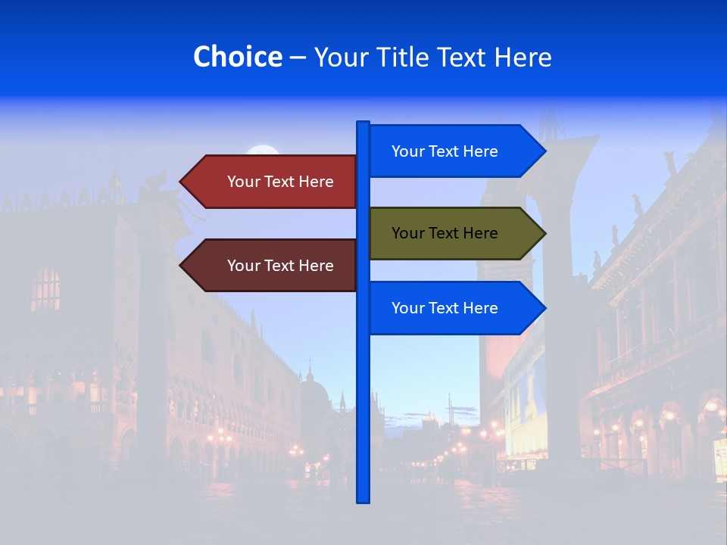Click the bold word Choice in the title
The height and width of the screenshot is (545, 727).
point(237,57)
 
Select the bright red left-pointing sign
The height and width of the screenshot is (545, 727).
point(273,182)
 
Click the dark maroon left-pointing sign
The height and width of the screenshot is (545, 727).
point(273,266)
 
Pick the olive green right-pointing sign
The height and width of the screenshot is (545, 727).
point(454,233)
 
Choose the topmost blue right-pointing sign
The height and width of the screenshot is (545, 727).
point(454,151)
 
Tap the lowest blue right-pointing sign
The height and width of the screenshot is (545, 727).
point(454,308)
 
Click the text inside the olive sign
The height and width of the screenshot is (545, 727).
point(445,233)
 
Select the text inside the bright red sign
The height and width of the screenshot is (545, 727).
point(280,182)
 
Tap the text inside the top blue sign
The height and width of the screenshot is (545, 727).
point(445,151)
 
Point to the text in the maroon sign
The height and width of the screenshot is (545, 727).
point(280,266)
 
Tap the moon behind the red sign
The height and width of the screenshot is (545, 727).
point(262,151)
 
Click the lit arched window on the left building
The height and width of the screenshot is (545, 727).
point(45,289)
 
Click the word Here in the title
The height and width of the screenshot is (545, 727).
point(524,57)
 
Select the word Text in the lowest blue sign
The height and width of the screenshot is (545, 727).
point(445,308)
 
